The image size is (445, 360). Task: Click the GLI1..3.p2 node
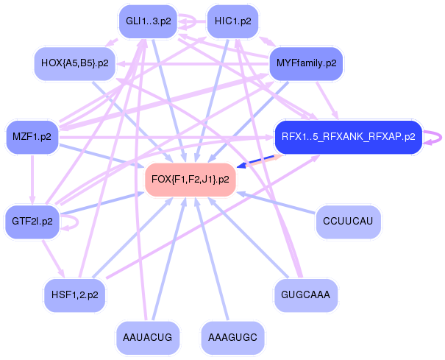[x=149, y=21]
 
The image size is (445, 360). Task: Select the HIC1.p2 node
[x=233, y=21]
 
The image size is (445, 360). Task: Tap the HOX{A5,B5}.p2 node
[x=75, y=63]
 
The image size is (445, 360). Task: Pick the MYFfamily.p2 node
[x=307, y=63]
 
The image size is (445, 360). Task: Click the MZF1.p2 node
[x=32, y=137]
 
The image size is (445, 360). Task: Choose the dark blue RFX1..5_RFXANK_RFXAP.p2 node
[x=348, y=136]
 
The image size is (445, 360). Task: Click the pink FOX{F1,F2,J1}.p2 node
[x=191, y=179]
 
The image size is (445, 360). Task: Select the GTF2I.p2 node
[x=32, y=221]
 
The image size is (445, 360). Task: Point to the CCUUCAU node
[x=348, y=221]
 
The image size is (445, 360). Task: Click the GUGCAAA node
[x=306, y=294]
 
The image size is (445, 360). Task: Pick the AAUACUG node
[x=149, y=337]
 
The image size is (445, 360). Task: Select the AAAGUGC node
[x=232, y=337]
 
